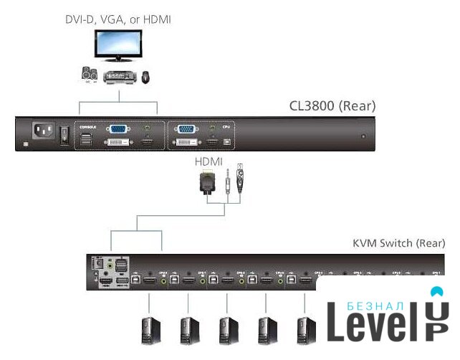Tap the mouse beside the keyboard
pyautogui.click(x=147, y=75)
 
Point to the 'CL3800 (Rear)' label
pyautogui.click(x=332, y=106)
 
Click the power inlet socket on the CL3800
pyautogui.click(x=42, y=131)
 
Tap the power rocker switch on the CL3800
pyautogui.click(x=64, y=133)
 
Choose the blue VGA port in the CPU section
pyautogui.click(x=186, y=130)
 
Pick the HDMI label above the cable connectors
pyautogui.click(x=209, y=163)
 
